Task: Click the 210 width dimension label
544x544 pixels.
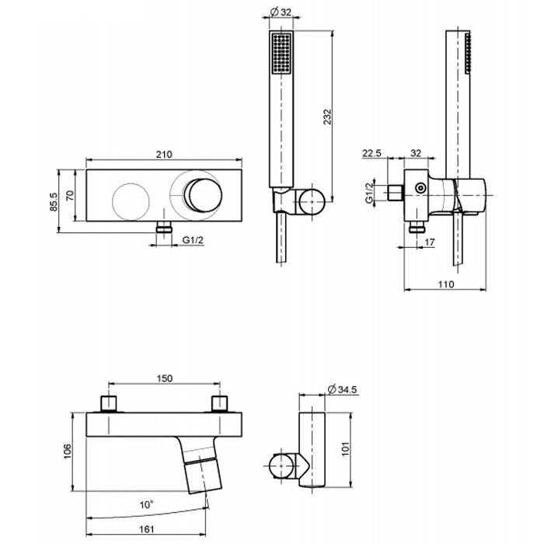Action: point(164,154)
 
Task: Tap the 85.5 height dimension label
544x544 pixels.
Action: point(54,202)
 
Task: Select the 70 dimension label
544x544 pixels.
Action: point(70,196)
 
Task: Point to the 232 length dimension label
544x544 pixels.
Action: point(327,117)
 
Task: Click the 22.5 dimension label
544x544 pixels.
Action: point(372,152)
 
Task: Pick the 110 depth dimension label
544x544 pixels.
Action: point(446,284)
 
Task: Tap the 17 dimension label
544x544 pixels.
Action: point(430,242)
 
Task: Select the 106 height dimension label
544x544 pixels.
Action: point(68,452)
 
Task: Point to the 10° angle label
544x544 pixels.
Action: point(147,504)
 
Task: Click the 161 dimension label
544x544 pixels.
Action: point(146,529)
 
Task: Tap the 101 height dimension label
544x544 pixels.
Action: point(347,449)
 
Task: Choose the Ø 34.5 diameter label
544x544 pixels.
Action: point(342,389)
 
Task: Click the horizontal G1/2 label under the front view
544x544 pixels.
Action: point(194,239)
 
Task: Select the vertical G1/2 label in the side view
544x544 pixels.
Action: point(370,191)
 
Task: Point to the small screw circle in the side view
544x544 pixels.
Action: point(420,188)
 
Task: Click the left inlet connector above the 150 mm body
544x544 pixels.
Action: point(109,403)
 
